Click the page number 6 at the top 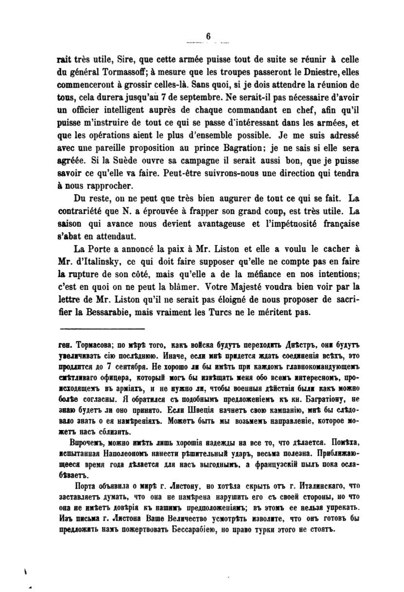pos(208,36)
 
